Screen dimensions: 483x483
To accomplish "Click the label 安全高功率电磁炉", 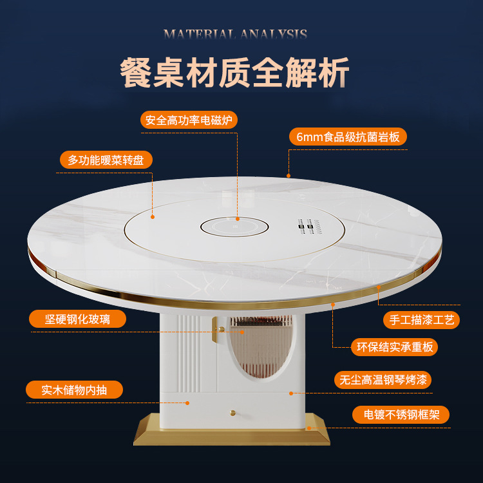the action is [189, 120].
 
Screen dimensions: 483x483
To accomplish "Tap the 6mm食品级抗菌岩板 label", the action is [348, 137].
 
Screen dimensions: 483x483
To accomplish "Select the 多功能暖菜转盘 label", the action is [106, 160].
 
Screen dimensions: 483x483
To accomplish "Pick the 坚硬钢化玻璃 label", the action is [77, 319].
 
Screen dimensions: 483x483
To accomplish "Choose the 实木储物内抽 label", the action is [74, 390].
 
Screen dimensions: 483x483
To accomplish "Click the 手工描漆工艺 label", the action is [421, 320].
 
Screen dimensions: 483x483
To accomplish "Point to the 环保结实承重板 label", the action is [394, 347].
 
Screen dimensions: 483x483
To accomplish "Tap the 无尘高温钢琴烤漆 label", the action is [383, 380].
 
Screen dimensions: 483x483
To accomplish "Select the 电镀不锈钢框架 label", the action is [401, 415].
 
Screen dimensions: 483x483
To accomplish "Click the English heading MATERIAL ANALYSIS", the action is [235, 34].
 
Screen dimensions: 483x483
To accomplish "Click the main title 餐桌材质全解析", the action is [234, 73].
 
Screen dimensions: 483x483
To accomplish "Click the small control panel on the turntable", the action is [310, 227].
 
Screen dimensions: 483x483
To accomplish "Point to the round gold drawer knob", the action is [233, 413].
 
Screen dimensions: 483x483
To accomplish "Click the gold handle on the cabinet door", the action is [215, 330].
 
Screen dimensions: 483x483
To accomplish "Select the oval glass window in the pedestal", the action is [261, 346].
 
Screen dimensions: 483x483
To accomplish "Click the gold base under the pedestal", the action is [232, 434].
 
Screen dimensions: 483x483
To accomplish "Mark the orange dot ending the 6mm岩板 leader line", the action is [289, 176].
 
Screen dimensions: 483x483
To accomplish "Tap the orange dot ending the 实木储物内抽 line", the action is [187, 403].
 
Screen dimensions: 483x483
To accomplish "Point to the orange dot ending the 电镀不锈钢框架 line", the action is [309, 428].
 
